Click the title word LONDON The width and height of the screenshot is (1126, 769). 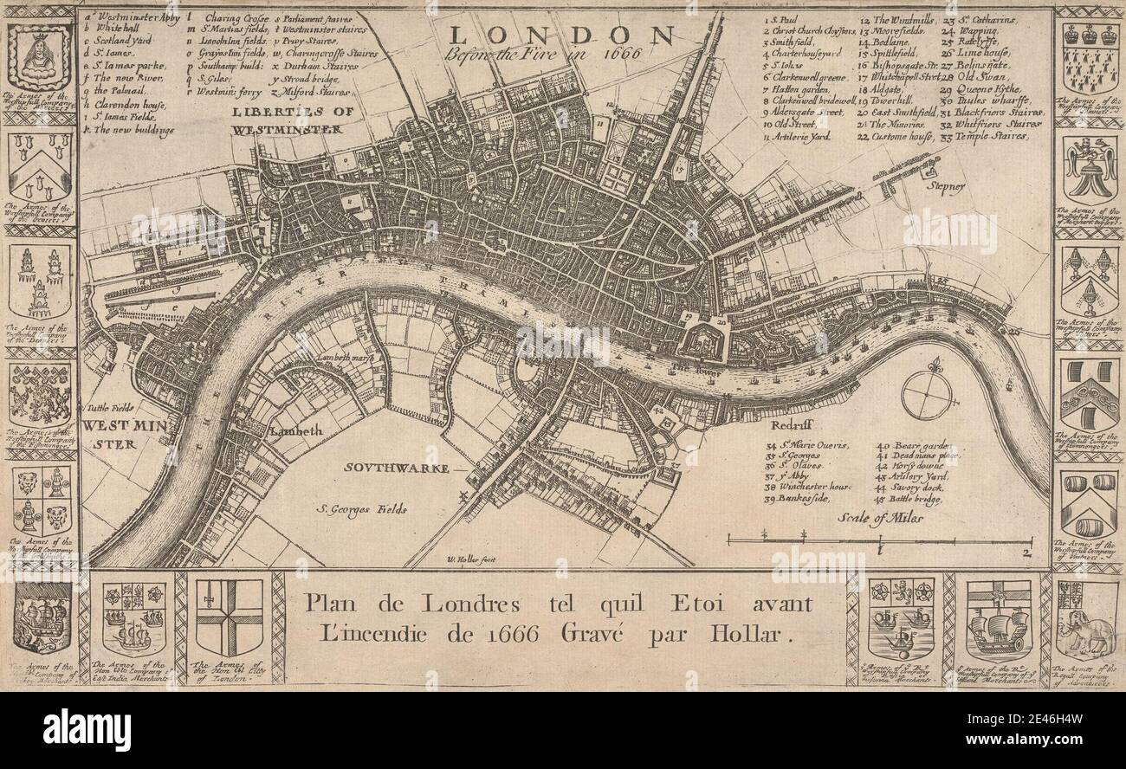click(561, 35)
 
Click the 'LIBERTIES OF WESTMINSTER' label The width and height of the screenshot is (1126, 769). click(285, 120)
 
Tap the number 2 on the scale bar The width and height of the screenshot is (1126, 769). click(1027, 551)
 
